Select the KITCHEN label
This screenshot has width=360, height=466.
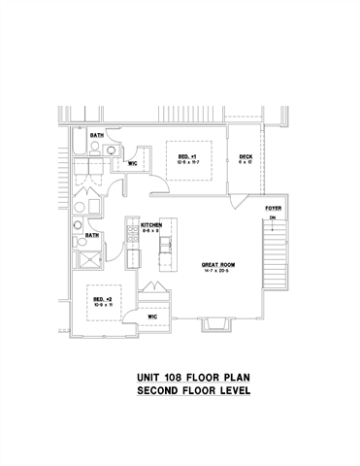[151, 224]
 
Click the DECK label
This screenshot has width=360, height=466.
[246, 154]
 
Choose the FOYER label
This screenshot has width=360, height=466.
[273, 209]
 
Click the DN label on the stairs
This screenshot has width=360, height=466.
[274, 218]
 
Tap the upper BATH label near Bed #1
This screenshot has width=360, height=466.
[97, 135]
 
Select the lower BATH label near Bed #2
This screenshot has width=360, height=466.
[92, 234]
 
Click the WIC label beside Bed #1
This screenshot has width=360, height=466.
[133, 164]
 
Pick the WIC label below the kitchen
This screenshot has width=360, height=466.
[152, 316]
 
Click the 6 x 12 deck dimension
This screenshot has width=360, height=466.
[246, 161]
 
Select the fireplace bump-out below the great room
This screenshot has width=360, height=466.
[214, 325]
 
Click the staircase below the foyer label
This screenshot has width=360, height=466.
[275, 252]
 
